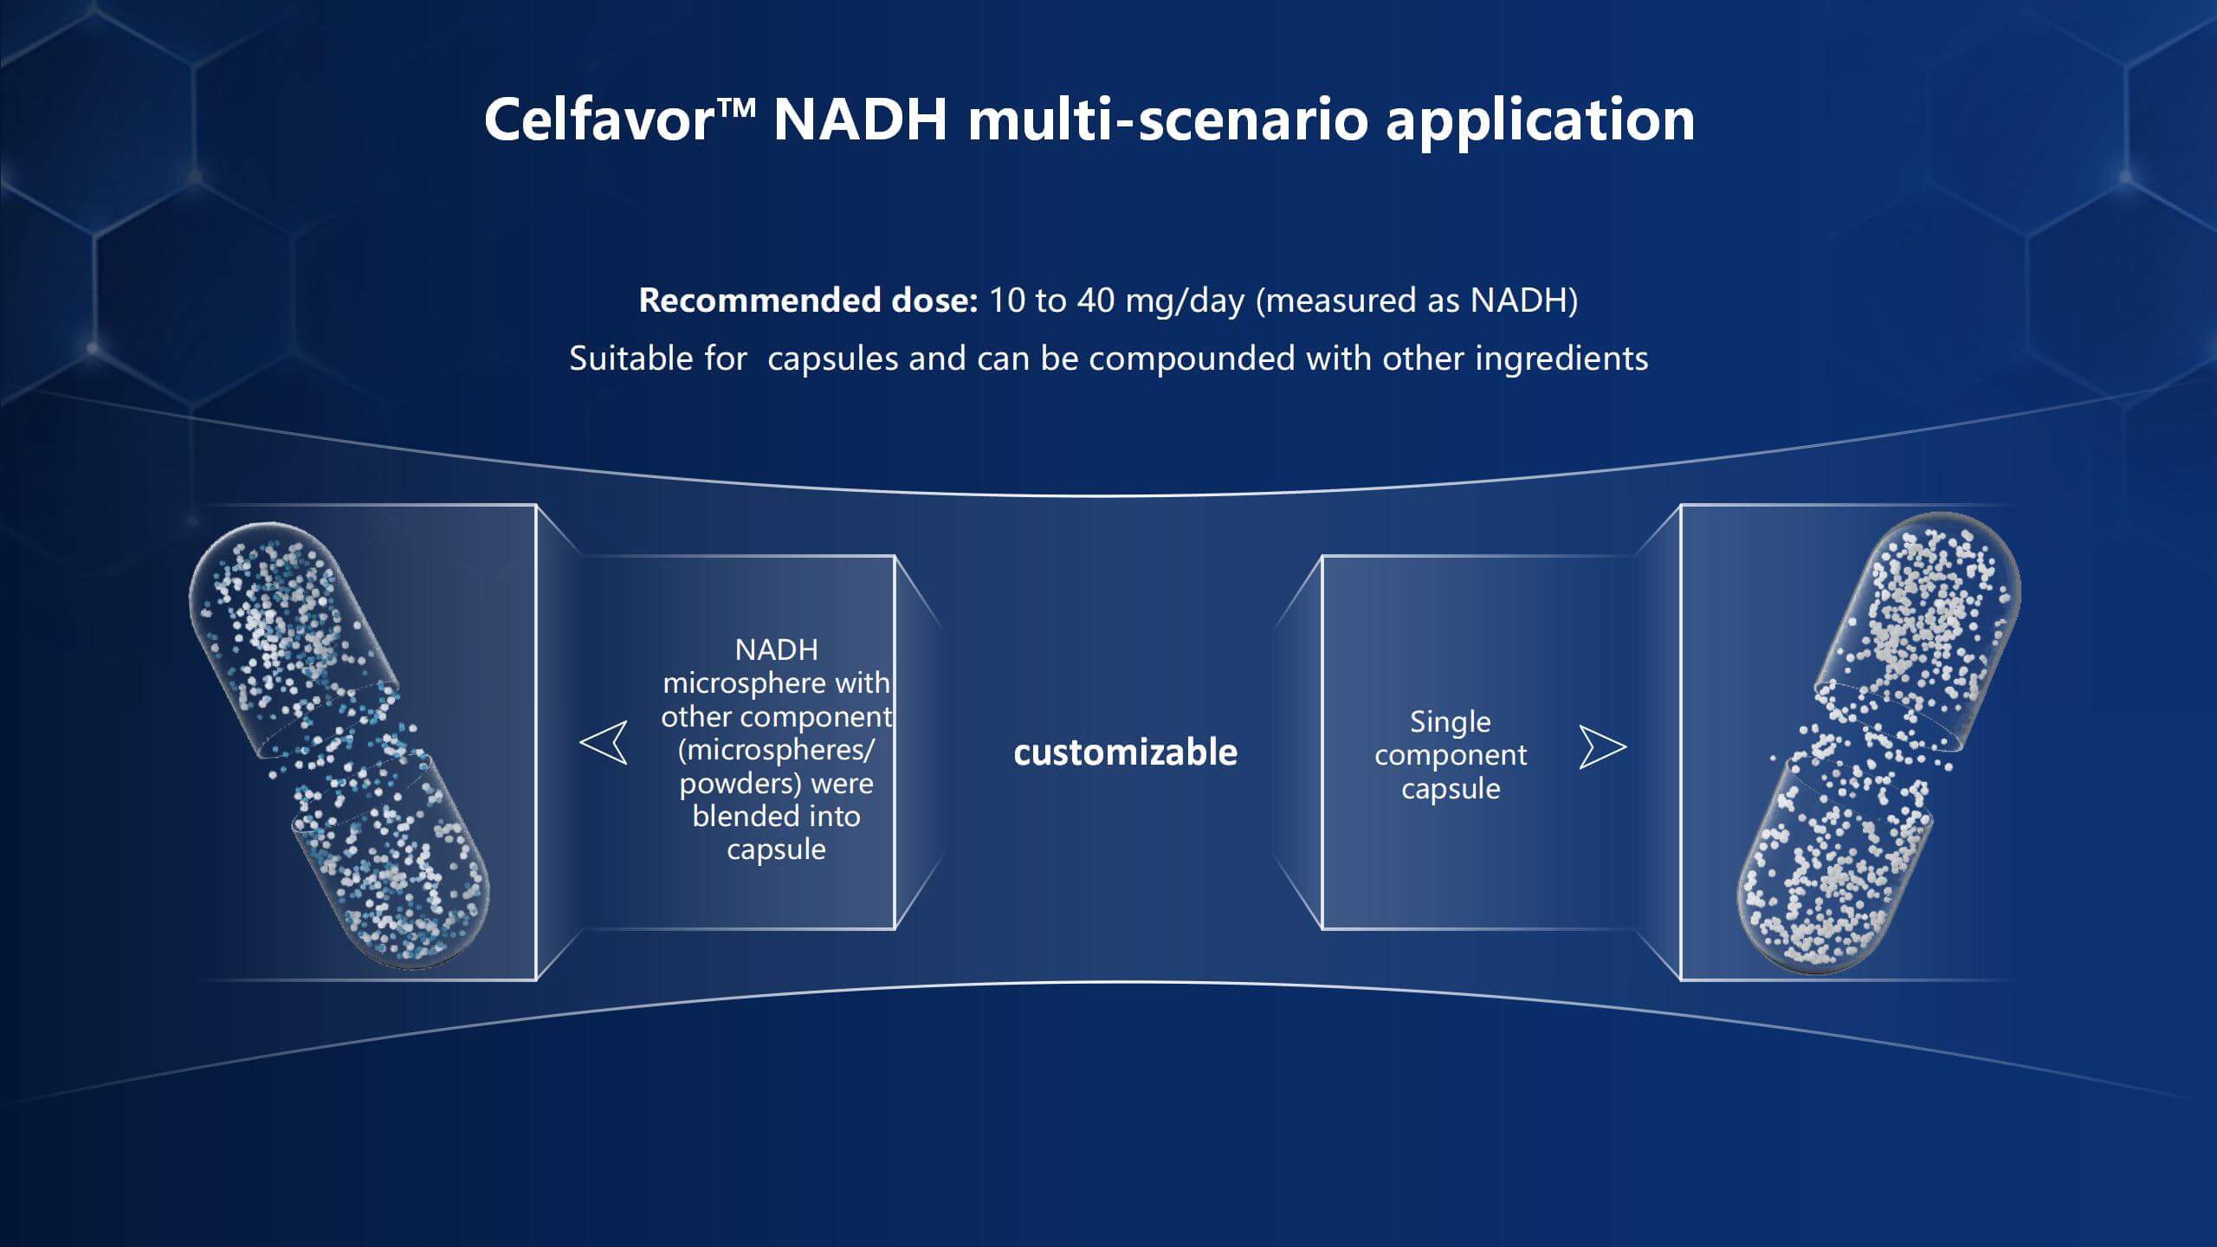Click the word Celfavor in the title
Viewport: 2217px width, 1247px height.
click(x=598, y=119)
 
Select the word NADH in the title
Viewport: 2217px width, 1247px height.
click(x=861, y=119)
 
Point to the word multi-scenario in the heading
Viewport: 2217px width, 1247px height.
click(x=1167, y=119)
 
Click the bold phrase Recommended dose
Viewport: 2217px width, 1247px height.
click(x=808, y=300)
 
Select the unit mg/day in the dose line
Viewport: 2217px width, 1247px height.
click(x=1185, y=301)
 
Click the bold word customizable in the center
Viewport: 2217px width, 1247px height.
click(x=1125, y=752)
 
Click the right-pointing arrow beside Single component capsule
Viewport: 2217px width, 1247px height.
click(x=1603, y=747)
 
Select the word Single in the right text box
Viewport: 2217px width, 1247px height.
click(x=1451, y=722)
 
